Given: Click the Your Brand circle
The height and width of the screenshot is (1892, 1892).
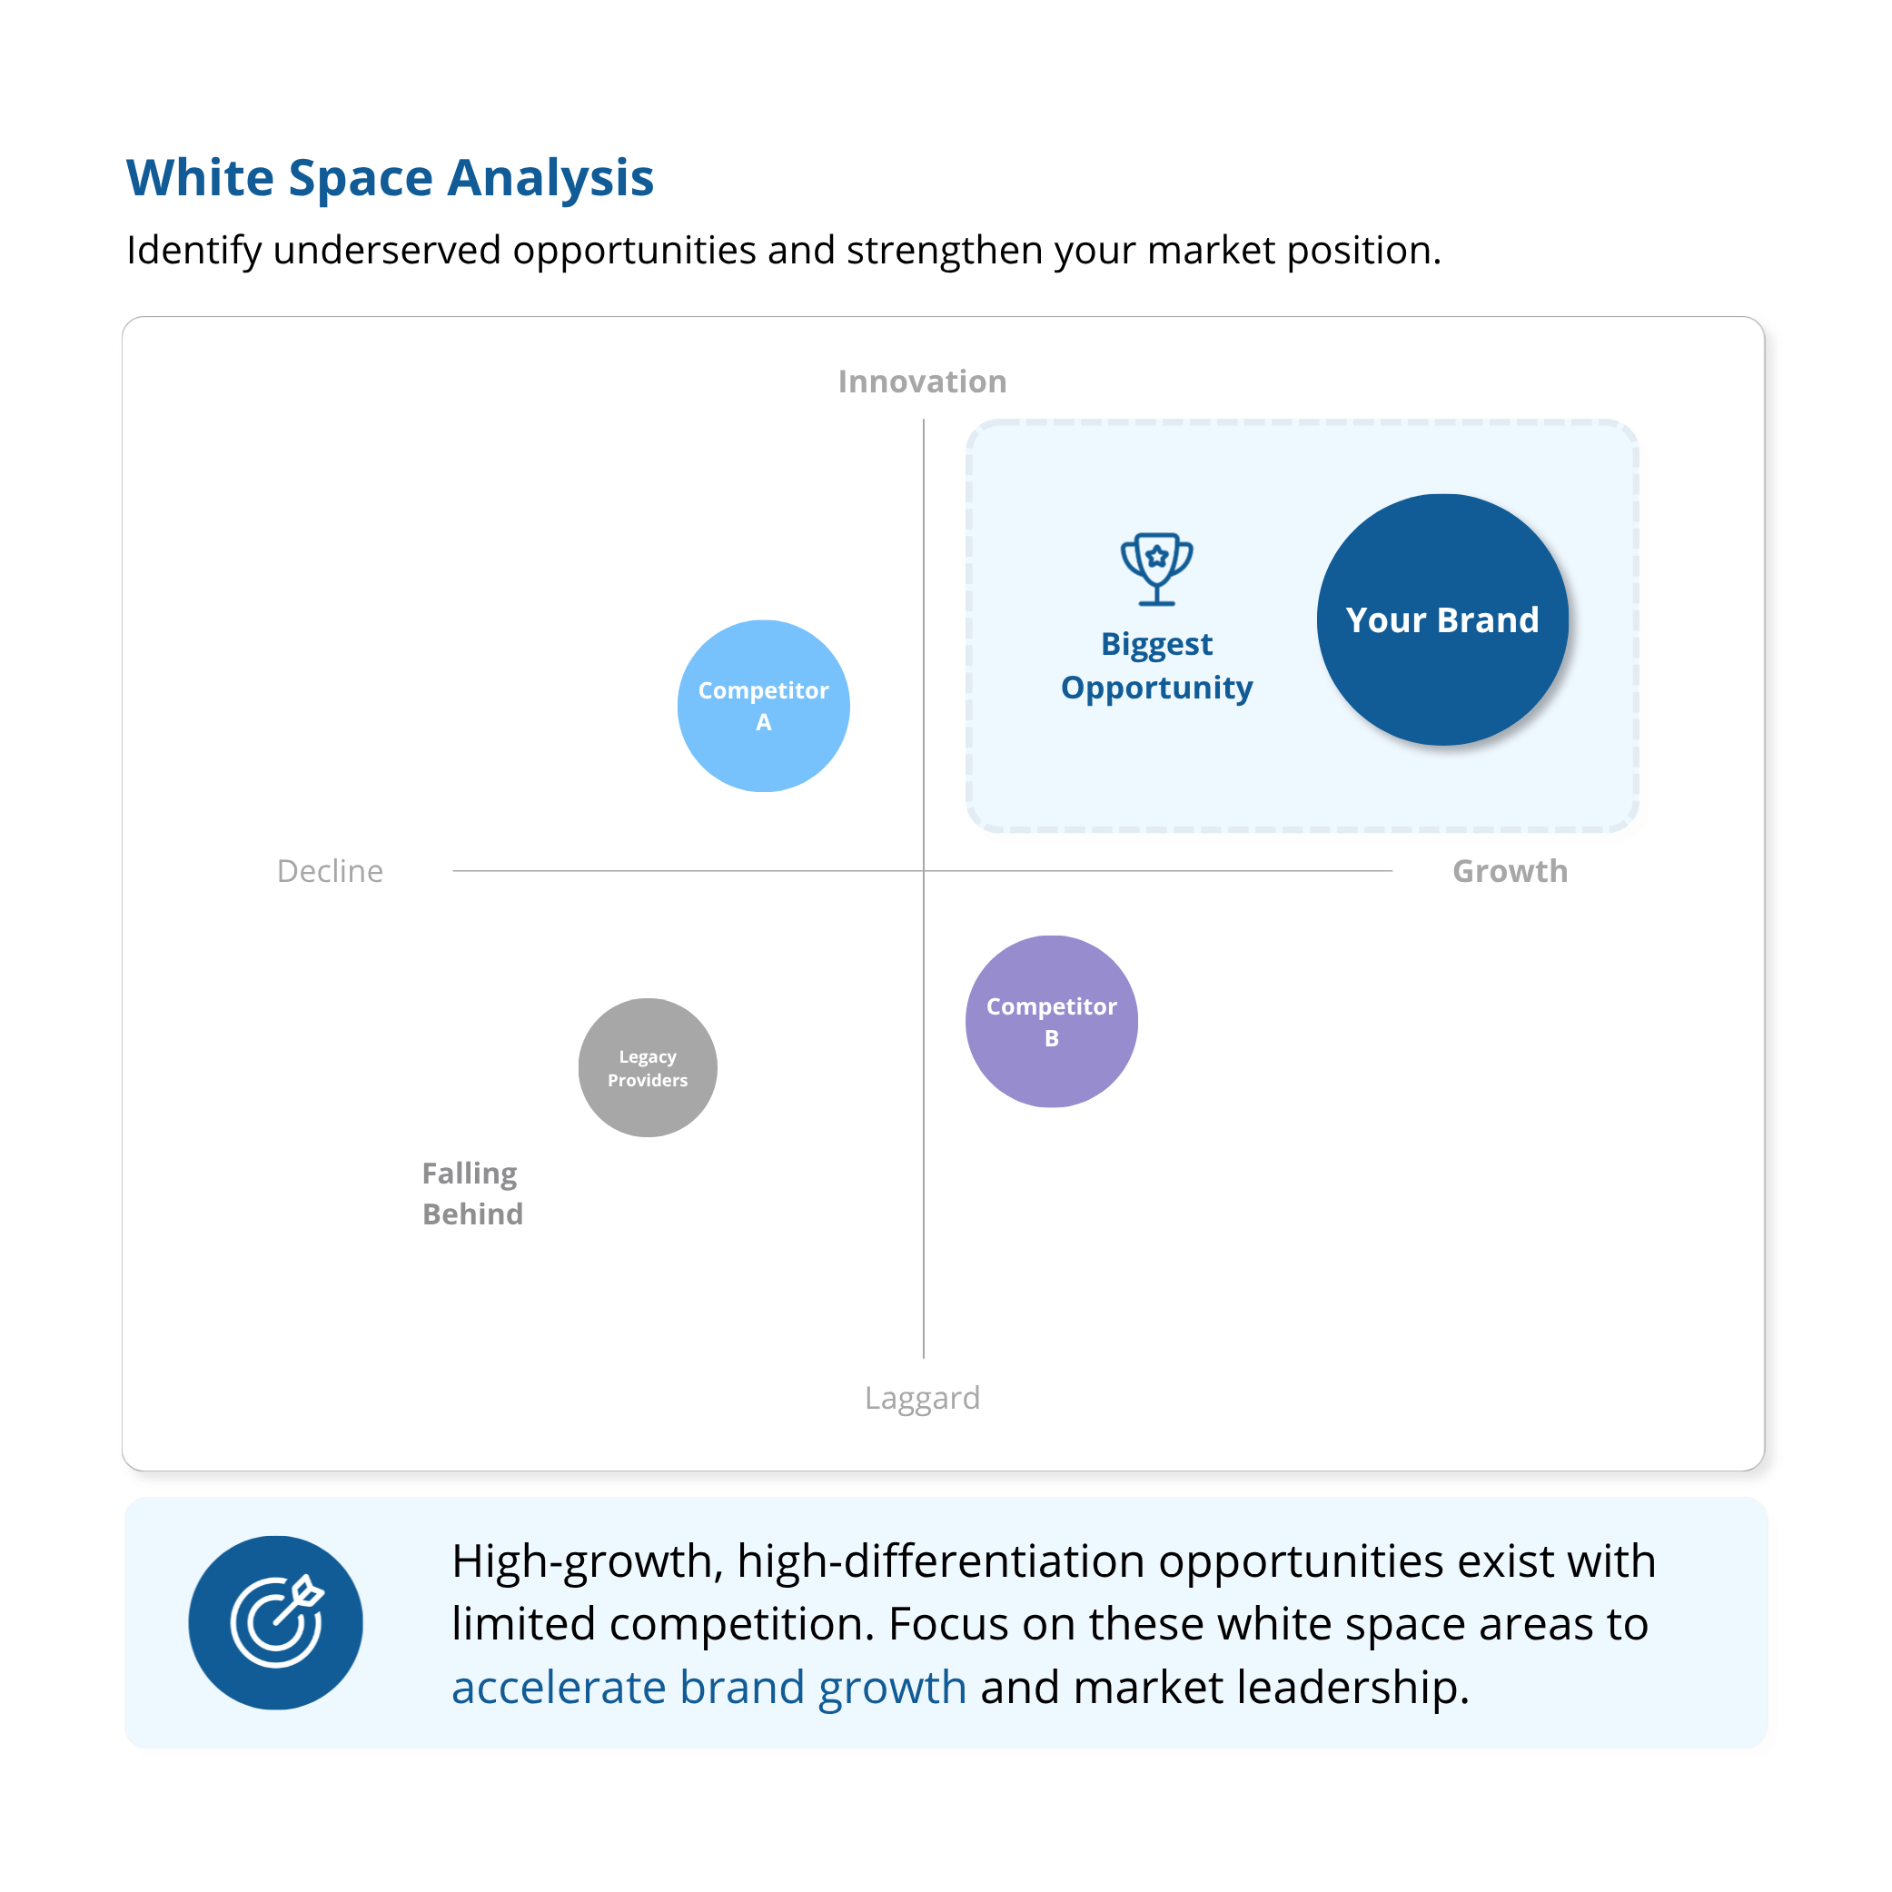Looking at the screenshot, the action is [x=1441, y=619].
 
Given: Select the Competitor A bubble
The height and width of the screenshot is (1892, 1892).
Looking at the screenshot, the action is [x=764, y=706].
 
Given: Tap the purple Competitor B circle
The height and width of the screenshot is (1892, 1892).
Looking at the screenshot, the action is [x=1052, y=1022].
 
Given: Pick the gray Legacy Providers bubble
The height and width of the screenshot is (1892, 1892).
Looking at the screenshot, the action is [x=648, y=1067].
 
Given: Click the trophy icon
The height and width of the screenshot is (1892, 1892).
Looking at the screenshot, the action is [x=1156, y=569].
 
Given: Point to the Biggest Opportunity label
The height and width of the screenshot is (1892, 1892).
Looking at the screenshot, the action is [x=1156, y=666].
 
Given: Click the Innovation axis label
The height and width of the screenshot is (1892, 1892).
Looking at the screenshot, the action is [x=923, y=381].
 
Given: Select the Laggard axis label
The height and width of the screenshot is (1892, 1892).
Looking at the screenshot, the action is [x=923, y=1399].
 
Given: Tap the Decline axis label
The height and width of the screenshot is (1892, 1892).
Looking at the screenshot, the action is [x=330, y=870].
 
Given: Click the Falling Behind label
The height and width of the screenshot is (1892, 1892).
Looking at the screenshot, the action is [x=473, y=1194].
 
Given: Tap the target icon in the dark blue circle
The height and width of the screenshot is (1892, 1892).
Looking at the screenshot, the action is [x=277, y=1623].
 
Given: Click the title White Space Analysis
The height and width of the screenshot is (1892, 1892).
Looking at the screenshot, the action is [x=390, y=178].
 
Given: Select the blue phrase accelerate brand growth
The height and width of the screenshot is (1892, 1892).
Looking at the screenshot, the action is [x=709, y=1688].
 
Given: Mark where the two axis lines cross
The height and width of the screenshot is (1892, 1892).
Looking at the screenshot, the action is [x=924, y=870].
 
